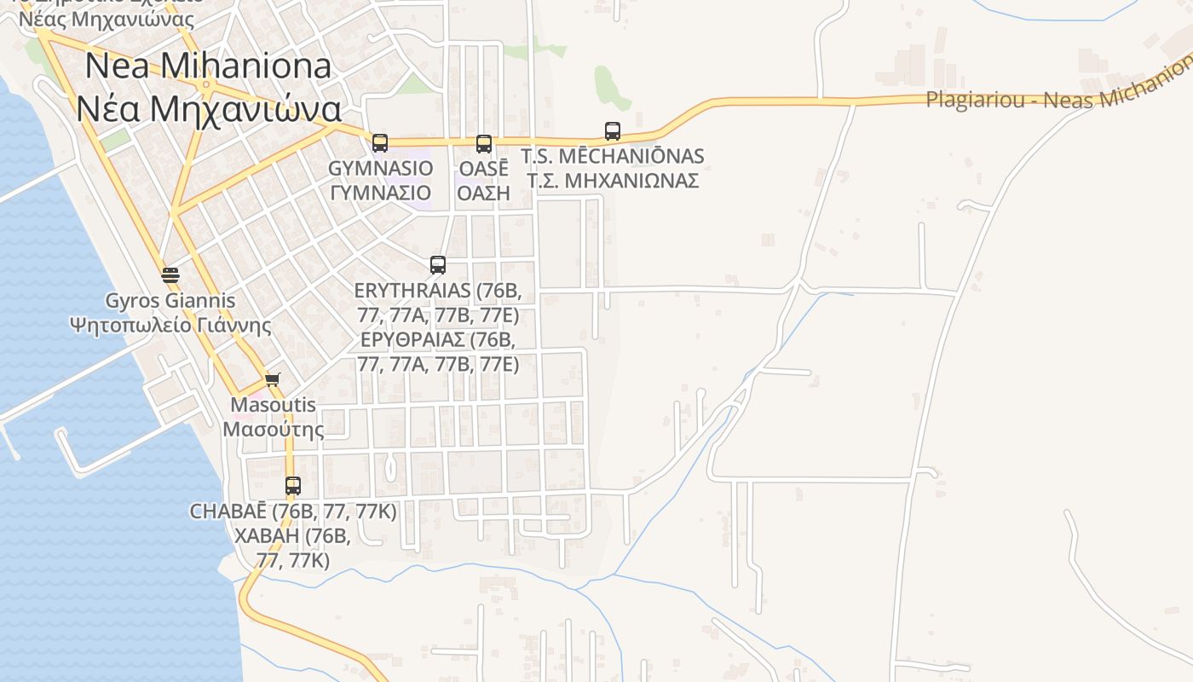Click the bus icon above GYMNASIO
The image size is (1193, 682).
point(380,142)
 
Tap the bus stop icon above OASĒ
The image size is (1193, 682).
point(484,143)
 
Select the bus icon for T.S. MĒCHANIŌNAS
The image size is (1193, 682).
point(613,131)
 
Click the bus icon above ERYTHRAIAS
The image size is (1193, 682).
point(438,264)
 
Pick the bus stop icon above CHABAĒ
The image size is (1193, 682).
point(293,486)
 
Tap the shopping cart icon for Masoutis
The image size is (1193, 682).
point(272,379)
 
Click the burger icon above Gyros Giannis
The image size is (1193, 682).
point(170,275)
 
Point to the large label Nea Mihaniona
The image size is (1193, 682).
point(208,66)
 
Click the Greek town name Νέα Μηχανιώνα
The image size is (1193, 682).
point(208,108)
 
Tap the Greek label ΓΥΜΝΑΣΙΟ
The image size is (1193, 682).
point(380,193)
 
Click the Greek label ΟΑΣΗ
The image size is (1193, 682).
point(483,193)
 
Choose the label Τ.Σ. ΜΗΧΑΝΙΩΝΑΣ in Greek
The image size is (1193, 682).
point(613,181)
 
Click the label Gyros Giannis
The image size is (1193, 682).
point(170,301)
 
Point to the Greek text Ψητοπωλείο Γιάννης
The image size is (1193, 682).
point(170,325)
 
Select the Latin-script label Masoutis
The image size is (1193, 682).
point(274,405)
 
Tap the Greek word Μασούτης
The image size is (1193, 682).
point(274,428)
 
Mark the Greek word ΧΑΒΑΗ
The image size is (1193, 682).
point(267,536)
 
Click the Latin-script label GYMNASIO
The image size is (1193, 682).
point(380,168)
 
